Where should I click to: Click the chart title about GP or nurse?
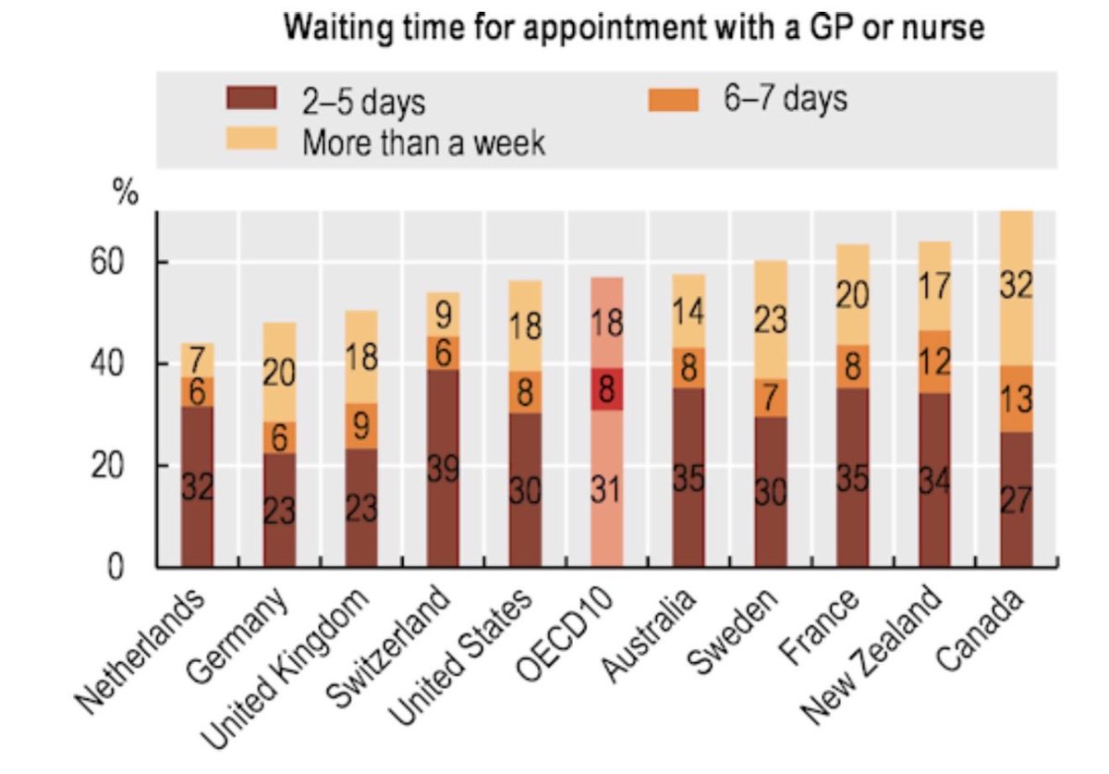(634, 27)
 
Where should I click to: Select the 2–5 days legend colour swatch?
(251, 98)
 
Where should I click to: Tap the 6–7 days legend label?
(786, 98)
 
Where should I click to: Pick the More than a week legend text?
(424, 142)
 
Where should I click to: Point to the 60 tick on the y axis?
(106, 262)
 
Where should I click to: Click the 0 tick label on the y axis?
(115, 567)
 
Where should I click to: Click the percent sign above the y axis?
(126, 191)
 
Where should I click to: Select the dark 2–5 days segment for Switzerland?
(443, 468)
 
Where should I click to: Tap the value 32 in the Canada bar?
(1017, 285)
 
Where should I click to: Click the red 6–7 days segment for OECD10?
(607, 389)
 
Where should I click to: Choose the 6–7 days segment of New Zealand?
(934, 362)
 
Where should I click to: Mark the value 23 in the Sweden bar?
(771, 320)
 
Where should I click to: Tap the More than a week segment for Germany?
(280, 372)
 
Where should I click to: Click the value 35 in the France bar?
(852, 479)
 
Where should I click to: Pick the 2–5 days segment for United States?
(525, 490)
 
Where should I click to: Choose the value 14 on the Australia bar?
(689, 313)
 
